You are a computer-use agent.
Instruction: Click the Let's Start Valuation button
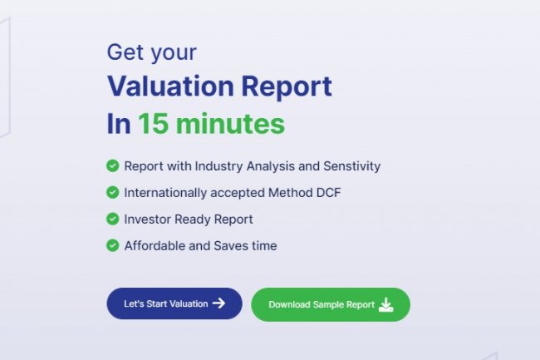point(174,303)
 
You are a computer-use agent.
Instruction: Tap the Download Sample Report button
point(330,304)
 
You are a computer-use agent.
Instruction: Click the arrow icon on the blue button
point(218,303)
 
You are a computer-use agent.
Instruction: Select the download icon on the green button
point(385,304)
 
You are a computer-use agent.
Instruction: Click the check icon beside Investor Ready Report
point(112,219)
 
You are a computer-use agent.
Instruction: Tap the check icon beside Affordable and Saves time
point(112,245)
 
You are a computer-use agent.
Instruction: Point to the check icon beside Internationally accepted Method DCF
point(112,192)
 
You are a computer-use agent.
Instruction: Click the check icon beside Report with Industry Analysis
point(112,165)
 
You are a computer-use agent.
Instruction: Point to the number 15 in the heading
point(153,124)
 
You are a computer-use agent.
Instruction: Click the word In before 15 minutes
point(119,124)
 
